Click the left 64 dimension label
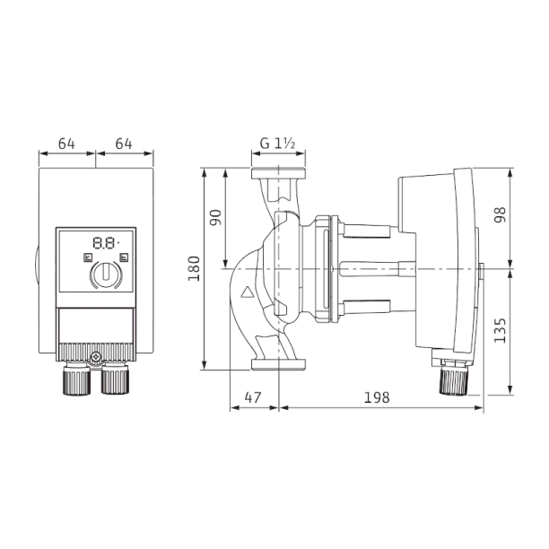pyautogui.click(x=66, y=144)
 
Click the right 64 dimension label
pyautogui.click(x=124, y=144)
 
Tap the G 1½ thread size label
pyautogui.click(x=278, y=144)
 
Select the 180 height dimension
pyautogui.click(x=194, y=268)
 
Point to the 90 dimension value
pyautogui.click(x=215, y=217)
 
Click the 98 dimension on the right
pyautogui.click(x=500, y=214)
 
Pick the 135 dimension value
pyautogui.click(x=500, y=330)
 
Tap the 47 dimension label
pyautogui.click(x=253, y=397)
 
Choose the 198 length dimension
pyautogui.click(x=377, y=397)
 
